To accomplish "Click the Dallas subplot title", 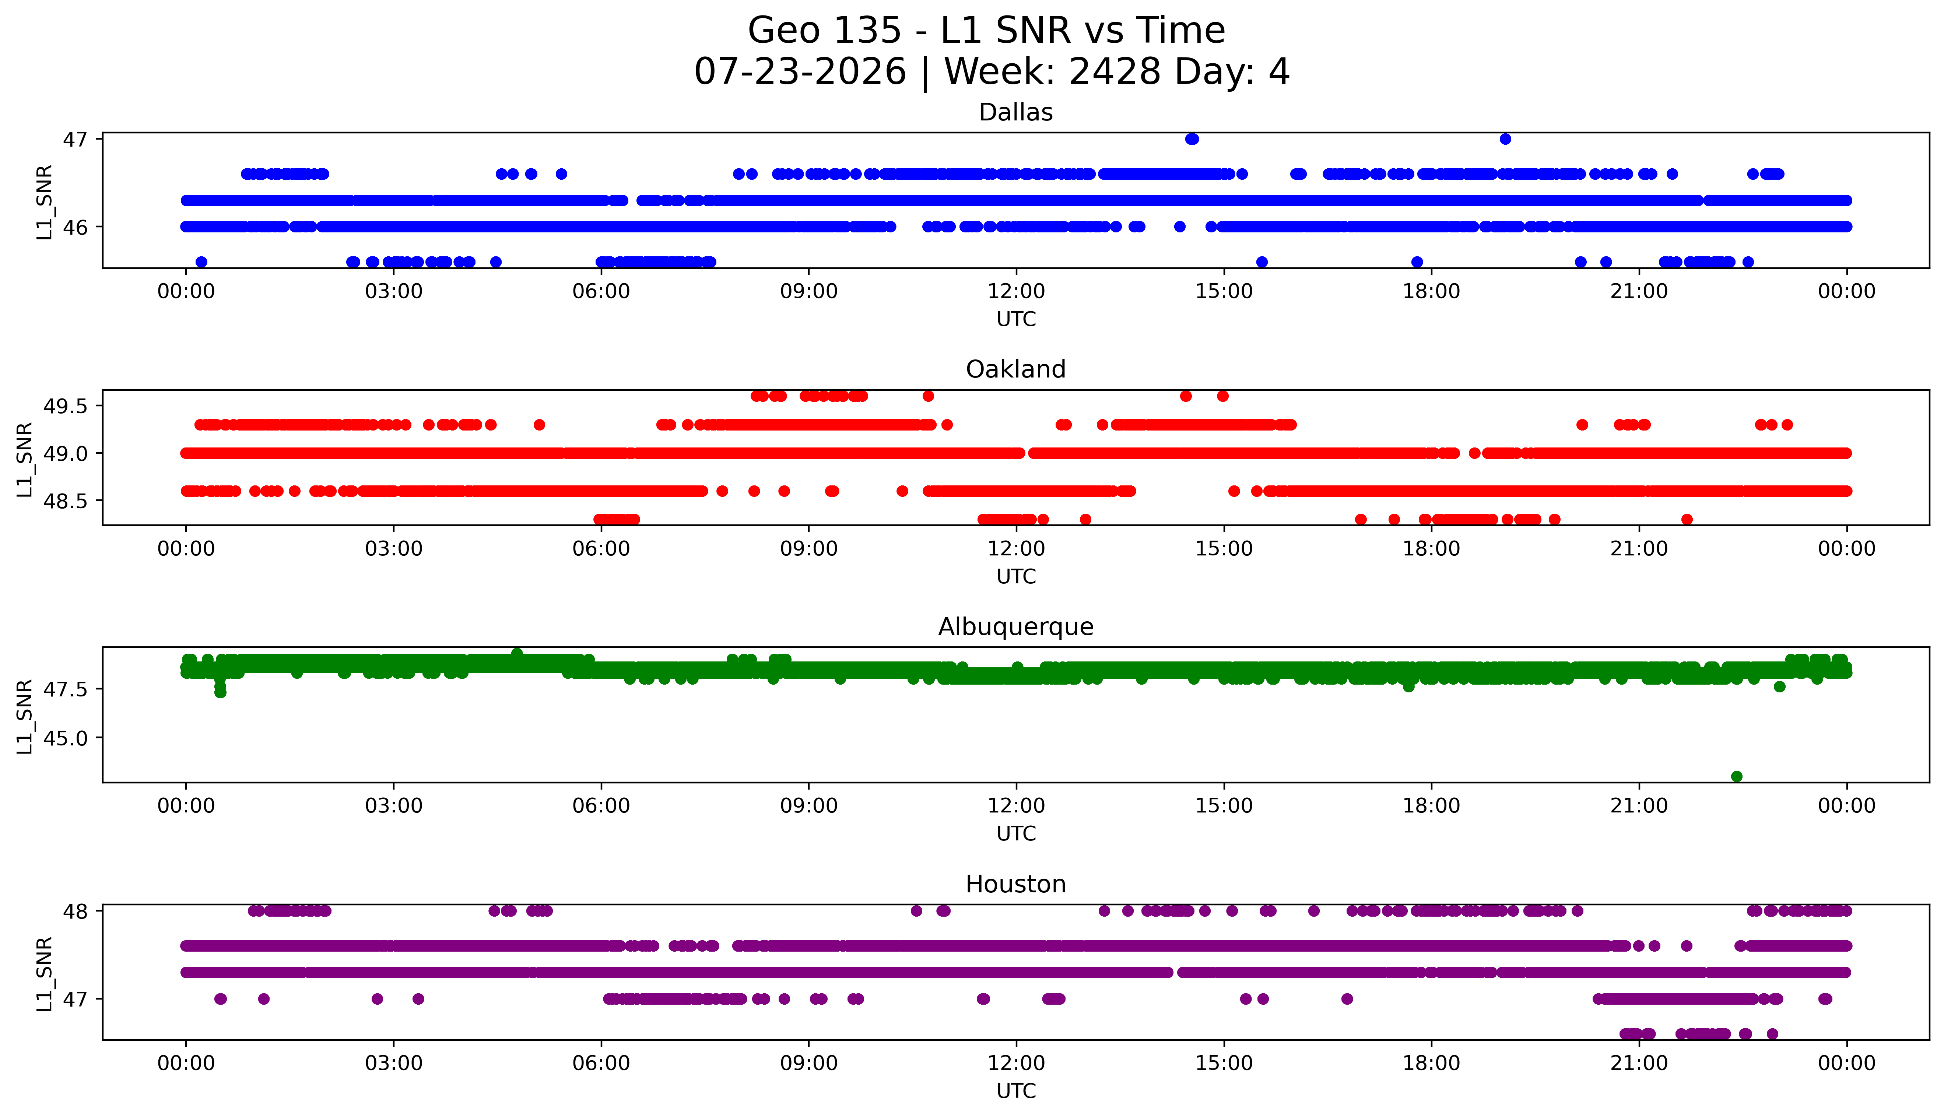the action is click(1016, 113).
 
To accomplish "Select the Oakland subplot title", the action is click(1016, 370).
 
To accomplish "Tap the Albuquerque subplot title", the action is click(1016, 627).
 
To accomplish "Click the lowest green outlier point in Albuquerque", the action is click(1737, 776).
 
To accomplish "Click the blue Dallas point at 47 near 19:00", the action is click(1505, 139).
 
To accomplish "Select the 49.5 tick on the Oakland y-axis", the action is click(67, 406).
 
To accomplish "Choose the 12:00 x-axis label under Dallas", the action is click(1017, 292).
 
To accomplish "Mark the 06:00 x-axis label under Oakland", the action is click(601, 548).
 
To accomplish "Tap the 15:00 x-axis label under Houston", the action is click(1224, 1063).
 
